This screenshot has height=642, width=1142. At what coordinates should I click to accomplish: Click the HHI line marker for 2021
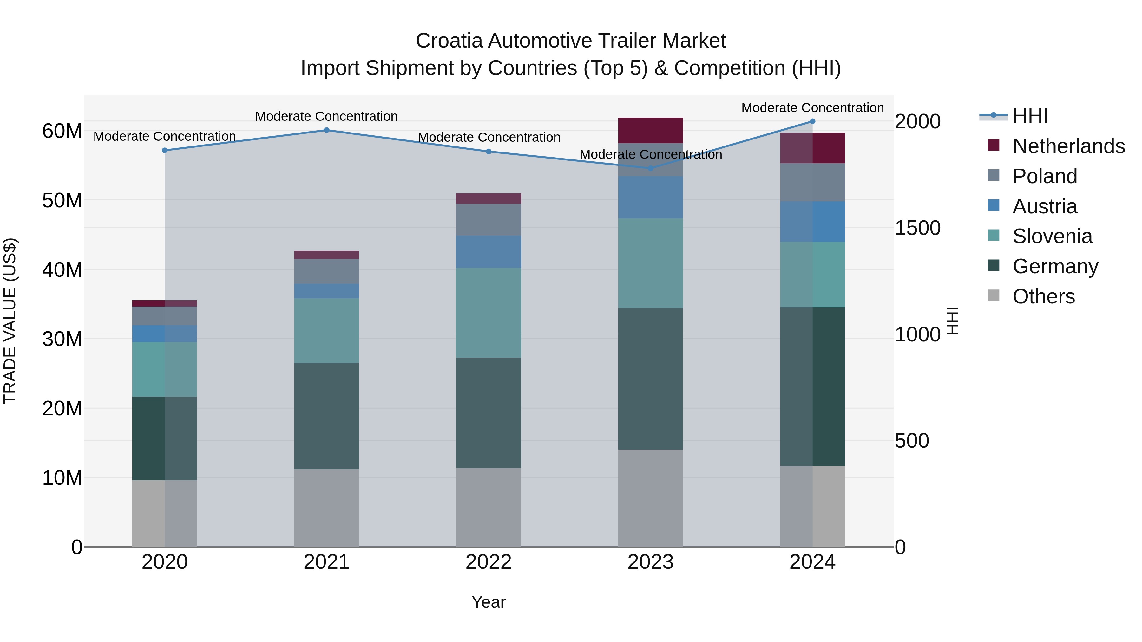coord(327,130)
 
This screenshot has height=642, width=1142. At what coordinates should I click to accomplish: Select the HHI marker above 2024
coord(813,121)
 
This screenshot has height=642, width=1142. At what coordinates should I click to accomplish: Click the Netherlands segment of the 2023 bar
coord(650,131)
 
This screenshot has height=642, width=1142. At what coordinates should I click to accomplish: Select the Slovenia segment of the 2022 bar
coord(489,313)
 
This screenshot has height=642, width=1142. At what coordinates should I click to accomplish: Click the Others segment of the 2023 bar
coord(650,498)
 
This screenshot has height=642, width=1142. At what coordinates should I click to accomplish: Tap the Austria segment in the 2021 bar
coord(327,291)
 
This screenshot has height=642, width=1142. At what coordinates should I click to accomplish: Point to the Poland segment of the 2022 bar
coord(489,220)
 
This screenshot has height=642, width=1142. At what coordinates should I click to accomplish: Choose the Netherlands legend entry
coord(1068,146)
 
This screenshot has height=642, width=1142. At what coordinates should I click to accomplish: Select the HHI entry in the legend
coord(1030,116)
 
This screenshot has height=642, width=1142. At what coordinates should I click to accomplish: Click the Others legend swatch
coord(994,295)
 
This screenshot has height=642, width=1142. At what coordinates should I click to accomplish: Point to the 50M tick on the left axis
coord(62,201)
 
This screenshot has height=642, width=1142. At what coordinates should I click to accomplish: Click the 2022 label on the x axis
coord(489,562)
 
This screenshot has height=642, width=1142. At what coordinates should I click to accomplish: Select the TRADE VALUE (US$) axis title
coord(10,321)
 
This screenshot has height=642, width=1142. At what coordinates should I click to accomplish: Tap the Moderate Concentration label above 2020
coord(164,136)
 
